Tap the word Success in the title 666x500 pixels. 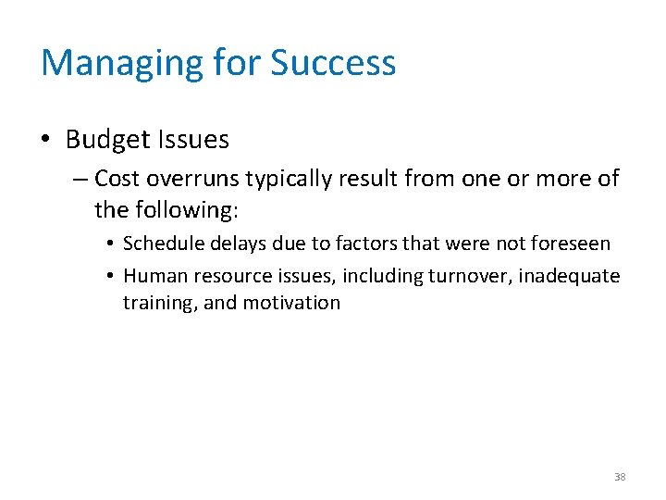click(x=333, y=63)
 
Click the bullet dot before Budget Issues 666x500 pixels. click(x=47, y=141)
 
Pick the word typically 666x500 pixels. click(x=290, y=179)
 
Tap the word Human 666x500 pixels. click(x=152, y=275)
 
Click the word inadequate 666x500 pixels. click(x=569, y=275)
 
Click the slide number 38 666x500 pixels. click(x=620, y=477)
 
